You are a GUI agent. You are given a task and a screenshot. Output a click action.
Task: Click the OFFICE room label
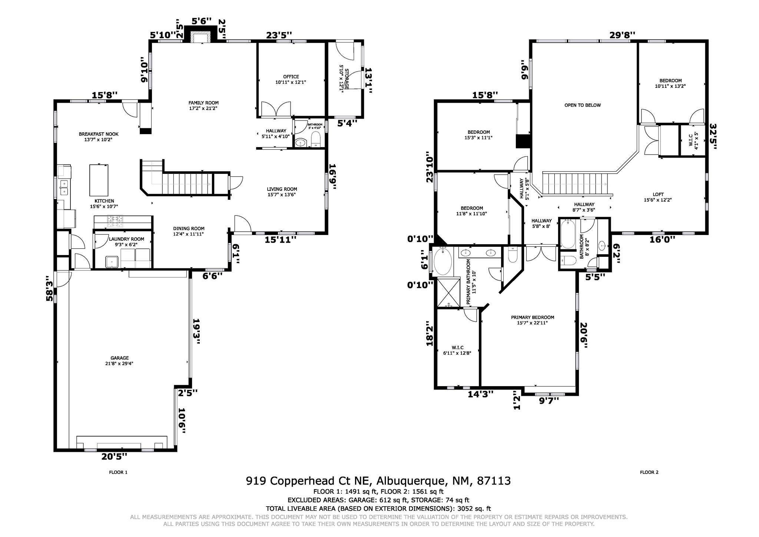click(x=291, y=77)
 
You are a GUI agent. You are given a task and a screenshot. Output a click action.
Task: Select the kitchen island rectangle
click(x=99, y=180)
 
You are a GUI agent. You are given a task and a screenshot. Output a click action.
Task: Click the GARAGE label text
click(x=119, y=358)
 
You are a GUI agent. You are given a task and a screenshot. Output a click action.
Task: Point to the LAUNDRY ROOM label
click(x=126, y=239)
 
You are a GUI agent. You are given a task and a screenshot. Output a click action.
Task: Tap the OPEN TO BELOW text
click(x=583, y=105)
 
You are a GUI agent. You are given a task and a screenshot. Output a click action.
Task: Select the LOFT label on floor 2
click(x=658, y=194)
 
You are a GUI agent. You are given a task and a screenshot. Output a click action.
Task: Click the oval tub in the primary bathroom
click(x=443, y=261)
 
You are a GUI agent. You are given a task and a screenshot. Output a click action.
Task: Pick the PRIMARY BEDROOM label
click(x=533, y=317)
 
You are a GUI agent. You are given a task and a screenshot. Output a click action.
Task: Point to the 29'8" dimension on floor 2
click(x=623, y=35)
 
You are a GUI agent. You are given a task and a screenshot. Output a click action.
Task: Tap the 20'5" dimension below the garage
click(x=114, y=456)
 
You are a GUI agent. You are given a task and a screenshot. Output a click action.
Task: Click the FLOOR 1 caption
click(x=118, y=472)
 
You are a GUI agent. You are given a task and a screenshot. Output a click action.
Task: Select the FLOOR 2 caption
click(x=649, y=472)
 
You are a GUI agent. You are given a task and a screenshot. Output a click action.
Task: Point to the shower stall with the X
click(x=448, y=293)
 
